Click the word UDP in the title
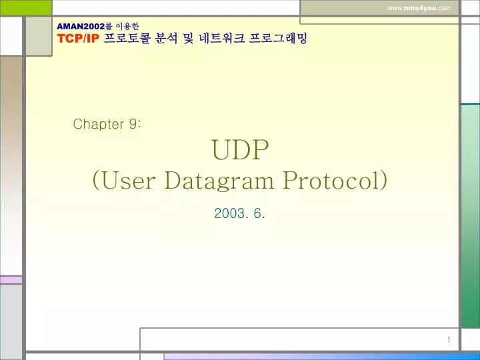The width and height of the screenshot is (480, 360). point(239,151)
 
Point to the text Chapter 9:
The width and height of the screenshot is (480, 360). point(106,124)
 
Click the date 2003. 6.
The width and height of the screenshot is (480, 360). point(240,213)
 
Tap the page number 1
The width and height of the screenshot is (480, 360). point(449,341)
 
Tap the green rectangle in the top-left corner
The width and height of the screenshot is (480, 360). point(26,7)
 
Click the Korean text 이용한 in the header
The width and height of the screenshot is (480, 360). point(127,26)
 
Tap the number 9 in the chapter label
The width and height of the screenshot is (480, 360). point(133,124)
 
